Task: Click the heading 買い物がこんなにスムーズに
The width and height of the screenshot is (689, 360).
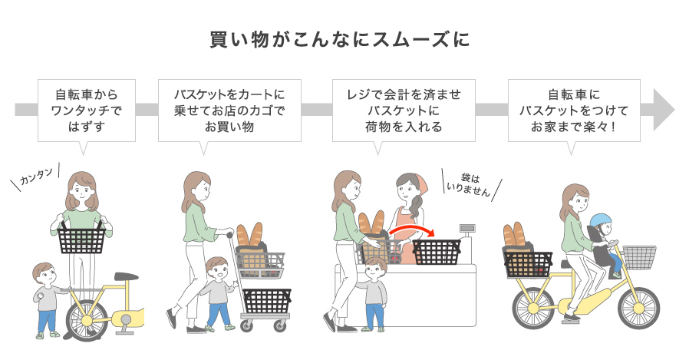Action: (x=340, y=40)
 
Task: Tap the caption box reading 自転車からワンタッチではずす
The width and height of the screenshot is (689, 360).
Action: (x=87, y=111)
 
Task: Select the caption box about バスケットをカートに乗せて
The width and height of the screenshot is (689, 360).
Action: (x=229, y=111)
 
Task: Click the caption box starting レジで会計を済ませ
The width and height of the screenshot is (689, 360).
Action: (x=404, y=111)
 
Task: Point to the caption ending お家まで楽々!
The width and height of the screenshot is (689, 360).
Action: (x=574, y=111)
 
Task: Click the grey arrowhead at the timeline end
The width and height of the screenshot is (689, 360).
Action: (x=664, y=110)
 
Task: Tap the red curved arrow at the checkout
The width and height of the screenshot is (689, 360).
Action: (x=410, y=231)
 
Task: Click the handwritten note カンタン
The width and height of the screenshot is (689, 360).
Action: (x=36, y=177)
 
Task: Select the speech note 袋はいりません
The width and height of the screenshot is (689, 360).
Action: (x=469, y=185)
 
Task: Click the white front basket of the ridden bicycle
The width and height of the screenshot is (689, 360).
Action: (x=639, y=257)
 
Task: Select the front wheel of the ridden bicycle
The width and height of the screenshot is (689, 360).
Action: (x=639, y=308)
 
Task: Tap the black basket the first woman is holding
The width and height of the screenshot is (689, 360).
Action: (x=81, y=239)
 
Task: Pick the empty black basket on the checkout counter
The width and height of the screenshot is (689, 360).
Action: (x=437, y=252)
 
